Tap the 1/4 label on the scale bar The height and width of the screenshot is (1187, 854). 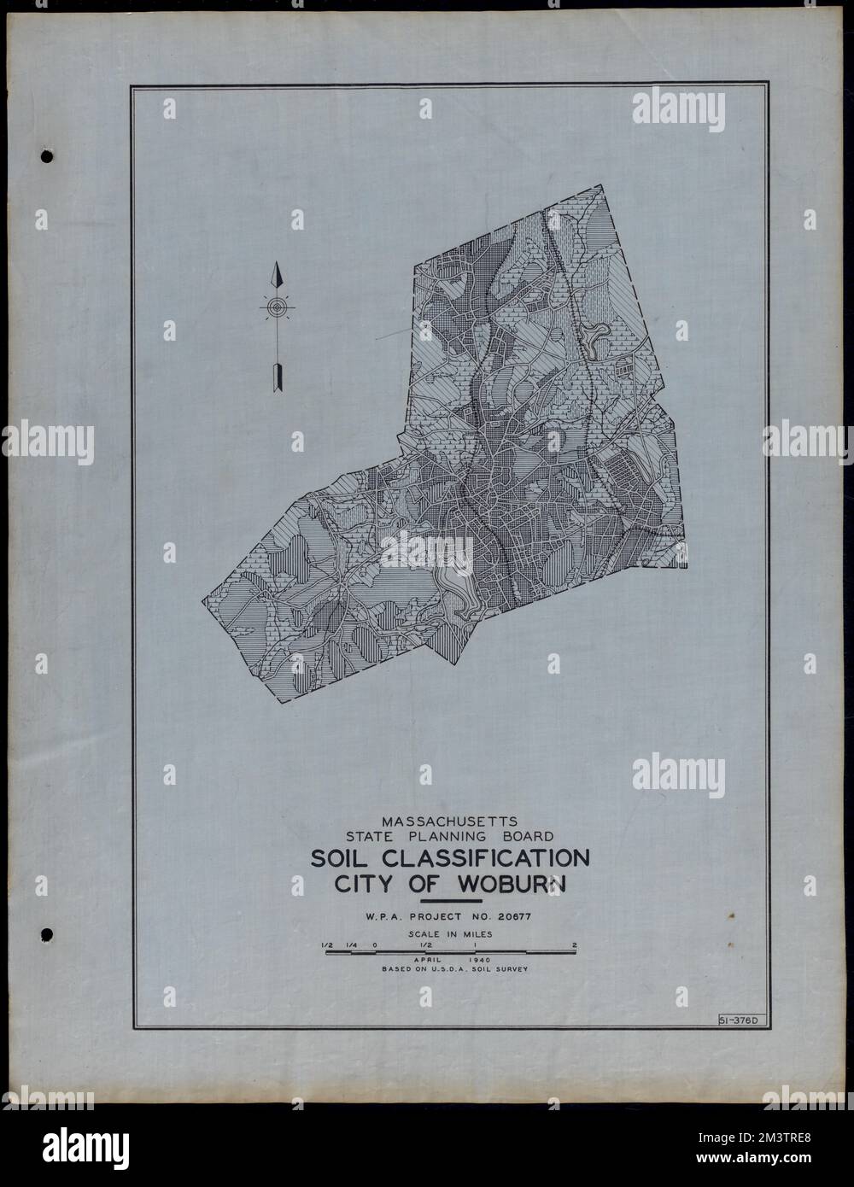351,944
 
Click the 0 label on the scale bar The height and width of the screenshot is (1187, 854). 375,944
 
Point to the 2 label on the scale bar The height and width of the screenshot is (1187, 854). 576,944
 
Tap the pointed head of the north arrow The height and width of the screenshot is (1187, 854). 276,276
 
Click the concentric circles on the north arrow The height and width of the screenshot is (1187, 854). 276,307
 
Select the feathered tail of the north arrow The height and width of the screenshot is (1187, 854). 276,377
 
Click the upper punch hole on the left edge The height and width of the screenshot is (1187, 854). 47,158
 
